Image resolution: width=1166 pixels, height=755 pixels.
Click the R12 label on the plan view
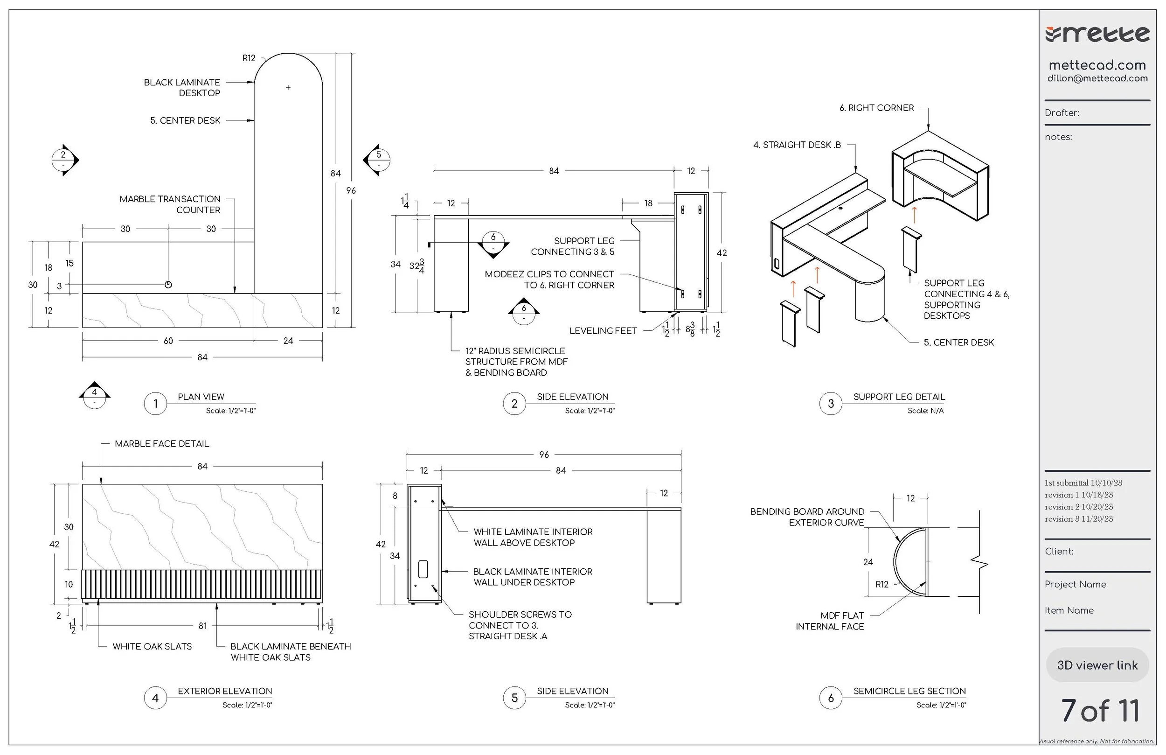coord(249,58)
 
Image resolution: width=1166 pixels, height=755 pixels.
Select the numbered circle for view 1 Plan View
coord(155,404)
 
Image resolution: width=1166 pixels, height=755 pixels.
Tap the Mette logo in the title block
coord(1097,35)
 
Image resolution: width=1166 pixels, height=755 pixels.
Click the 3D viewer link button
coord(1097,665)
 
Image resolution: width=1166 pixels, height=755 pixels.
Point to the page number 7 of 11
coord(1100,711)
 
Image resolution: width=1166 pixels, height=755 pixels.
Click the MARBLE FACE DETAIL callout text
coord(162,444)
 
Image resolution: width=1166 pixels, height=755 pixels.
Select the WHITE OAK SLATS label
coord(152,647)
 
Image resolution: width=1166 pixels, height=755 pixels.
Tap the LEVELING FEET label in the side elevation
coord(603,331)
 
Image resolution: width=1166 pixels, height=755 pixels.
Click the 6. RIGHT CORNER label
coord(876,108)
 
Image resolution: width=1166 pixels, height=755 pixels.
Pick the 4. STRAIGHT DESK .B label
coord(797,145)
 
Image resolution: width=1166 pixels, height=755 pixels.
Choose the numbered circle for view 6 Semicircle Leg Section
coord(830,698)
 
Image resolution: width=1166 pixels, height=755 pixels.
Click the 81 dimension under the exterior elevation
coord(203,626)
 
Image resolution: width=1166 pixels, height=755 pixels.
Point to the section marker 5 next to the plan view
coord(378,159)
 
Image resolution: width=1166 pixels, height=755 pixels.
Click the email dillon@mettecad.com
coord(1097,78)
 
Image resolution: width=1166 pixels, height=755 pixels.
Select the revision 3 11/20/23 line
coord(1078,519)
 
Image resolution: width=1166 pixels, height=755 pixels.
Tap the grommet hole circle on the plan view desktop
coord(168,285)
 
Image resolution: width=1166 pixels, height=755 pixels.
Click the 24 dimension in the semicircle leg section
coord(868,562)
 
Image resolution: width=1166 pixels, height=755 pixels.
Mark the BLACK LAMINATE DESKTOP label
coord(182,88)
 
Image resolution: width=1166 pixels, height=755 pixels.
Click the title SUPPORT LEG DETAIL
coord(898,397)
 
